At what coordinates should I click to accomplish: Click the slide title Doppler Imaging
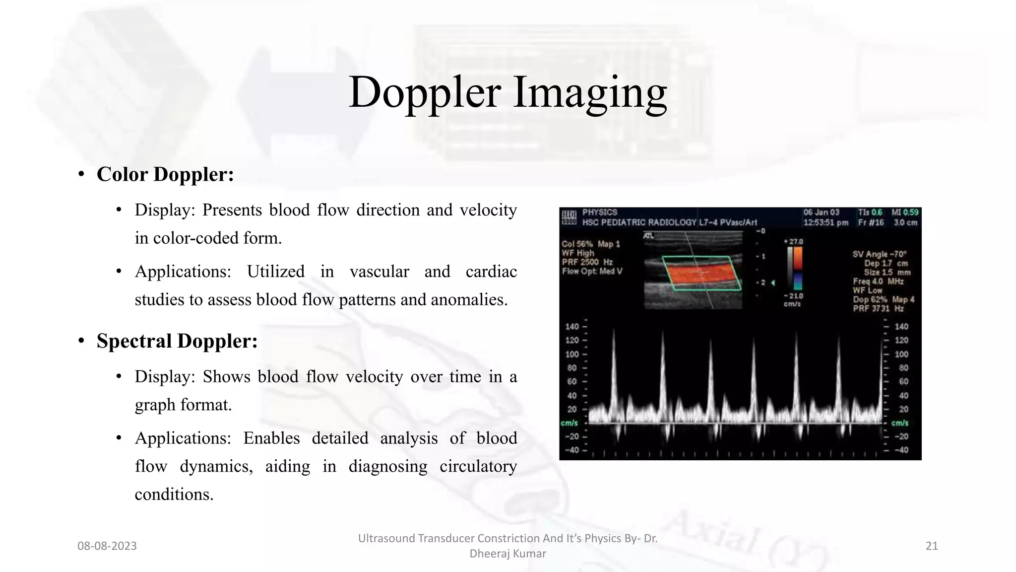[508, 92]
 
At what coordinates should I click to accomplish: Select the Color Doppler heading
[165, 174]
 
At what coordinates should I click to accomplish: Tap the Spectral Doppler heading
[177, 341]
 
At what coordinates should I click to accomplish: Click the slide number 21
[932, 546]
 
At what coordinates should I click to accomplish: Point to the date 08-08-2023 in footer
[107, 546]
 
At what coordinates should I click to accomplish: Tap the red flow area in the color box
[699, 274]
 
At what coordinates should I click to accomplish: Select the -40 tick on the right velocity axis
[901, 450]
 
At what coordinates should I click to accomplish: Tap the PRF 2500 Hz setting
[587, 262]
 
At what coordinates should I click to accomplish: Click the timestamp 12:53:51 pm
[825, 222]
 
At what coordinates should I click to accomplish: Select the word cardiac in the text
[491, 272]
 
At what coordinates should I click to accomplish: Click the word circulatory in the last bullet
[478, 466]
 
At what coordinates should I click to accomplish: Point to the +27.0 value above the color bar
[793, 242]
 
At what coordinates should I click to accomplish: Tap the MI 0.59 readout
[905, 213]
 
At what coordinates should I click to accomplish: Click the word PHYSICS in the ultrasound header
[600, 213]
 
